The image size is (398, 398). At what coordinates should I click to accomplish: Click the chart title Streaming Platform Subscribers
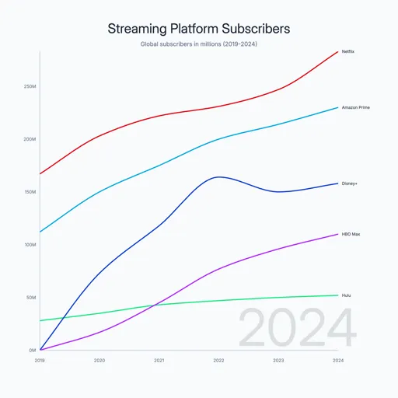(199, 29)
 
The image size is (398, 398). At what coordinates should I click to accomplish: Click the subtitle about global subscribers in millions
(199, 44)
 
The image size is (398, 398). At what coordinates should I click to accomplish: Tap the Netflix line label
(347, 51)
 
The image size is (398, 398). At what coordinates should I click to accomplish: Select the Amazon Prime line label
(355, 107)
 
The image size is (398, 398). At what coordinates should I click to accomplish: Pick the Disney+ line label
(350, 183)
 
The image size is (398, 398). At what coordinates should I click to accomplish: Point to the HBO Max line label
(351, 234)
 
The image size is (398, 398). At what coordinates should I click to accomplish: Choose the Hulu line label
(346, 295)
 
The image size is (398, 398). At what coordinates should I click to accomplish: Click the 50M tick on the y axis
(31, 298)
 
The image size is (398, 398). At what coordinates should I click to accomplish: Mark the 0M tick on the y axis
(33, 351)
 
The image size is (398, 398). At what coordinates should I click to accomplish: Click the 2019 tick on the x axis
(40, 361)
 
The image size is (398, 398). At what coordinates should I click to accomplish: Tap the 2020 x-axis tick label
(99, 361)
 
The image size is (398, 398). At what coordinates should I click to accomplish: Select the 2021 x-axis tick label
(159, 361)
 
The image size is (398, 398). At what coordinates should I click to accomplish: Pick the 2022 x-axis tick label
(218, 361)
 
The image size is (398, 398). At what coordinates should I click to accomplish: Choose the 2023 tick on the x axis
(278, 361)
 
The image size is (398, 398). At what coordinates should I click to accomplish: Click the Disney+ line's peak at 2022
(219, 176)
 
